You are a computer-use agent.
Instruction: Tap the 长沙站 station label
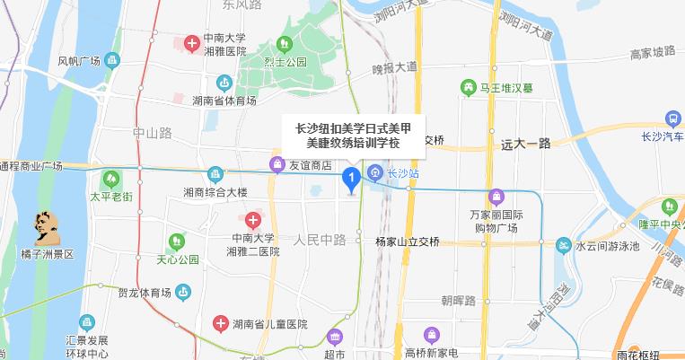click(x=403, y=172)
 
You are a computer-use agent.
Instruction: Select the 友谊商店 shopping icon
click(x=277, y=164)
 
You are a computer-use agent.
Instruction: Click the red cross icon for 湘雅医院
click(x=191, y=43)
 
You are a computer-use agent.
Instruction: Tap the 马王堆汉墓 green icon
click(x=468, y=88)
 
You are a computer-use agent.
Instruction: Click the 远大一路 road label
click(x=526, y=143)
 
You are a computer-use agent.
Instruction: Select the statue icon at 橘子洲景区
click(x=43, y=229)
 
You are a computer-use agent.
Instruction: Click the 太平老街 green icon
click(x=110, y=178)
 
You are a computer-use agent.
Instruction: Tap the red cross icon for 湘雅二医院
click(x=253, y=220)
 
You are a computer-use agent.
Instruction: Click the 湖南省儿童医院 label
click(x=269, y=324)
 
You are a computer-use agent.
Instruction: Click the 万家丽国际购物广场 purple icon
click(x=496, y=197)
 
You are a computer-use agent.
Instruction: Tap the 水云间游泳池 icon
click(x=563, y=246)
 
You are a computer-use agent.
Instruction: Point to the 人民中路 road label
click(x=320, y=240)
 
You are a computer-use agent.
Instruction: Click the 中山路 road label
click(x=152, y=133)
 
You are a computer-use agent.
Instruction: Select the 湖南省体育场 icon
click(x=224, y=82)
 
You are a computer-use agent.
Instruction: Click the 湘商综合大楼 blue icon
click(x=215, y=173)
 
